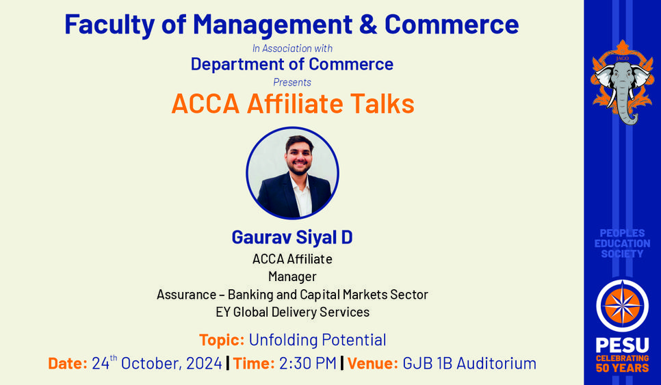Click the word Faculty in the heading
coord(109,25)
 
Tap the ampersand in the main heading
coord(368,24)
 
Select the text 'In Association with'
coord(293,49)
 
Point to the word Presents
coord(292,82)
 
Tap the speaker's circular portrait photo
coord(293,173)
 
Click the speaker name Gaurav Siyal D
coord(292,237)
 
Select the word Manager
coord(292,277)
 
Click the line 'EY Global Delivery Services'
coord(293,312)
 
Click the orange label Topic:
coord(222,340)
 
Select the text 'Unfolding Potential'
coord(317,340)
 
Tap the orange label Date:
coord(68,363)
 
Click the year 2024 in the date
coord(204,363)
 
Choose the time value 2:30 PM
coord(308,363)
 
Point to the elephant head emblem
coord(623,83)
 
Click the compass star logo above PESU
coord(622,306)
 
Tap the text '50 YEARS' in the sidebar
coord(622,368)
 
